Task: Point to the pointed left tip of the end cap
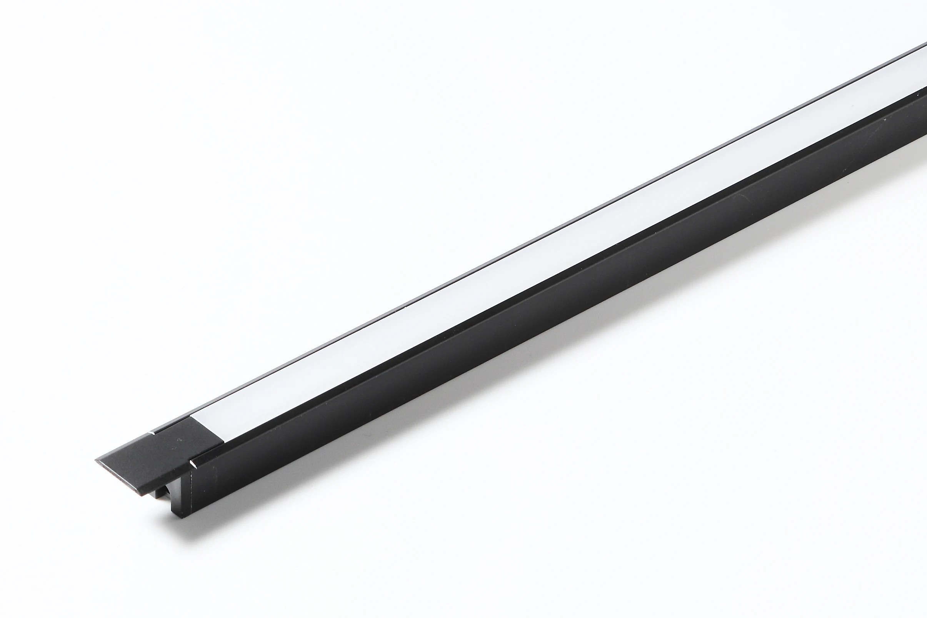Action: point(97,460)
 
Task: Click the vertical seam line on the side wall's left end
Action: point(191,501)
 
